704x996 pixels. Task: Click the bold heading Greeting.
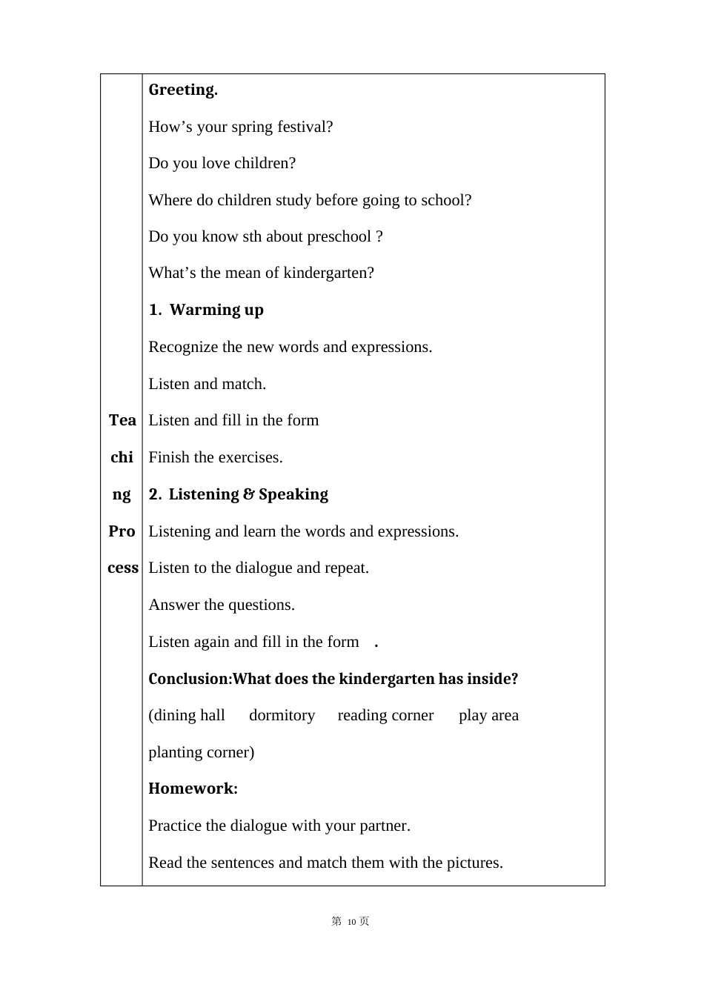183,90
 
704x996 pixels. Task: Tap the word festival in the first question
305,127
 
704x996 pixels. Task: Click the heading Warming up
216,310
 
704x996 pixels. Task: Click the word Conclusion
188,679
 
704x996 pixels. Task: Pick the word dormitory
282,715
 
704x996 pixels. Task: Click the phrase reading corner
385,715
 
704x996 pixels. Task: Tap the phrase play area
488,715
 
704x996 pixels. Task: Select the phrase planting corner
201,752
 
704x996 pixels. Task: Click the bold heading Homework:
193,788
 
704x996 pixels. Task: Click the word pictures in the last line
474,863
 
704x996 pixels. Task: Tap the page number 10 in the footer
352,921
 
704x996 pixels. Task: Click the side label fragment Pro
122,531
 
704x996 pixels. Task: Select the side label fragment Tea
122,420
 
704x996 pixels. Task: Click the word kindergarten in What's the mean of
328,273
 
